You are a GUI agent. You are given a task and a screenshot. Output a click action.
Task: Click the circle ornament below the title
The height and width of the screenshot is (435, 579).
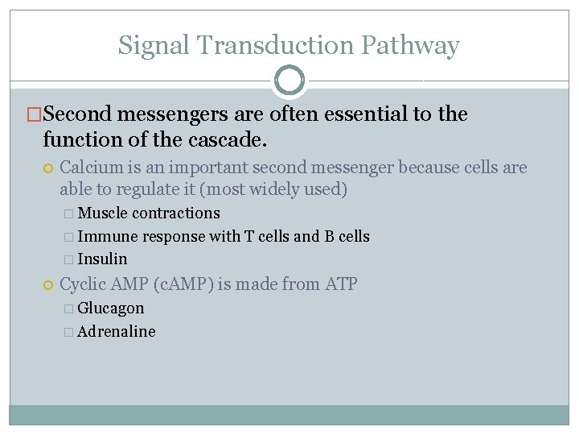click(289, 81)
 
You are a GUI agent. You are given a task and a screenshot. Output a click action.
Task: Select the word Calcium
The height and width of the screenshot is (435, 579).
click(87, 168)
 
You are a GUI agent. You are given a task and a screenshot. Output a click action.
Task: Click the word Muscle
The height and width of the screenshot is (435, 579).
click(103, 213)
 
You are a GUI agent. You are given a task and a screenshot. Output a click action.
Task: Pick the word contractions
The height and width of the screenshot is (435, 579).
click(175, 213)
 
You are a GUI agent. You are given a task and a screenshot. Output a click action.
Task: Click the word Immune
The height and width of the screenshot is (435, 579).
click(107, 236)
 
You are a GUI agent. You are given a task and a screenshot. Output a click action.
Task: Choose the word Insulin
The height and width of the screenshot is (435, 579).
click(102, 259)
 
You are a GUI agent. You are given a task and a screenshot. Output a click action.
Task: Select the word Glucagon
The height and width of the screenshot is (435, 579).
click(111, 309)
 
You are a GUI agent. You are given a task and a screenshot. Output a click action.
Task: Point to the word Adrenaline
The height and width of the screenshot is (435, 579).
click(116, 332)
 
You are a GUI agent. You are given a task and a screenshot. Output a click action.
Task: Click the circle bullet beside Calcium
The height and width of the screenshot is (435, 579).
click(48, 168)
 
